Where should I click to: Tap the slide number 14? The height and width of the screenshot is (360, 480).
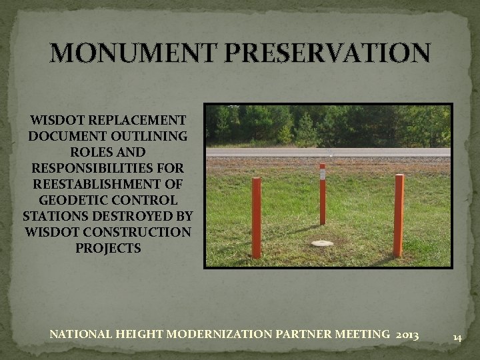click(x=457, y=338)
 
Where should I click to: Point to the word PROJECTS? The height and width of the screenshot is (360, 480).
click(x=108, y=248)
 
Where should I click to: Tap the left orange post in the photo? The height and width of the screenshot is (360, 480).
click(x=256, y=217)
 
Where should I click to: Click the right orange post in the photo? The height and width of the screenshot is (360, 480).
click(x=399, y=215)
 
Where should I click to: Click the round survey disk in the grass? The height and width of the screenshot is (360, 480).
click(x=322, y=243)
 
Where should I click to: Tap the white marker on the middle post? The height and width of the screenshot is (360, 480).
click(x=322, y=174)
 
